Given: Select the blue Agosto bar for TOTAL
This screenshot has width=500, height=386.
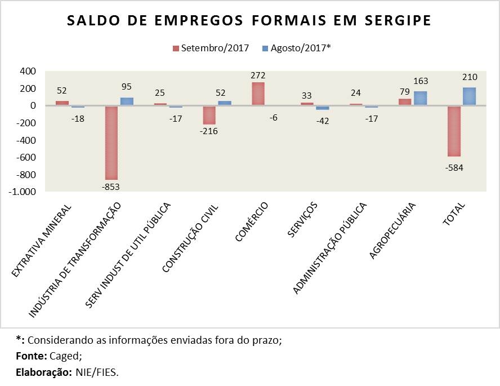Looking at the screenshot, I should coord(469,96).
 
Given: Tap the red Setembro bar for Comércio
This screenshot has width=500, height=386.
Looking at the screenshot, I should coord(257,94).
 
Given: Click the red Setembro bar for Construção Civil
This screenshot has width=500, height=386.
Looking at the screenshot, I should coord(209,115).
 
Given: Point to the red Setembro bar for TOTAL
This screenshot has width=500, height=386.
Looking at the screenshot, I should coord(454,131).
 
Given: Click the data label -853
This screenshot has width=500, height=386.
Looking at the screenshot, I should coord(111,188).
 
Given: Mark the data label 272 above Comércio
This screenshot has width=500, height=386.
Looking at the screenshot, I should coord(258,76).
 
